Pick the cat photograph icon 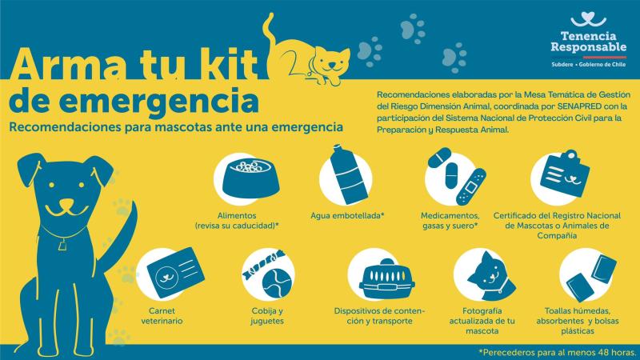click(x=482, y=276)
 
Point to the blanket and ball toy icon click(x=270, y=276)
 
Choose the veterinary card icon click(x=169, y=276)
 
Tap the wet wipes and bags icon click(x=588, y=276)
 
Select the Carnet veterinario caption click(x=166, y=315)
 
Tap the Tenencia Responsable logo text click(x=589, y=41)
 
